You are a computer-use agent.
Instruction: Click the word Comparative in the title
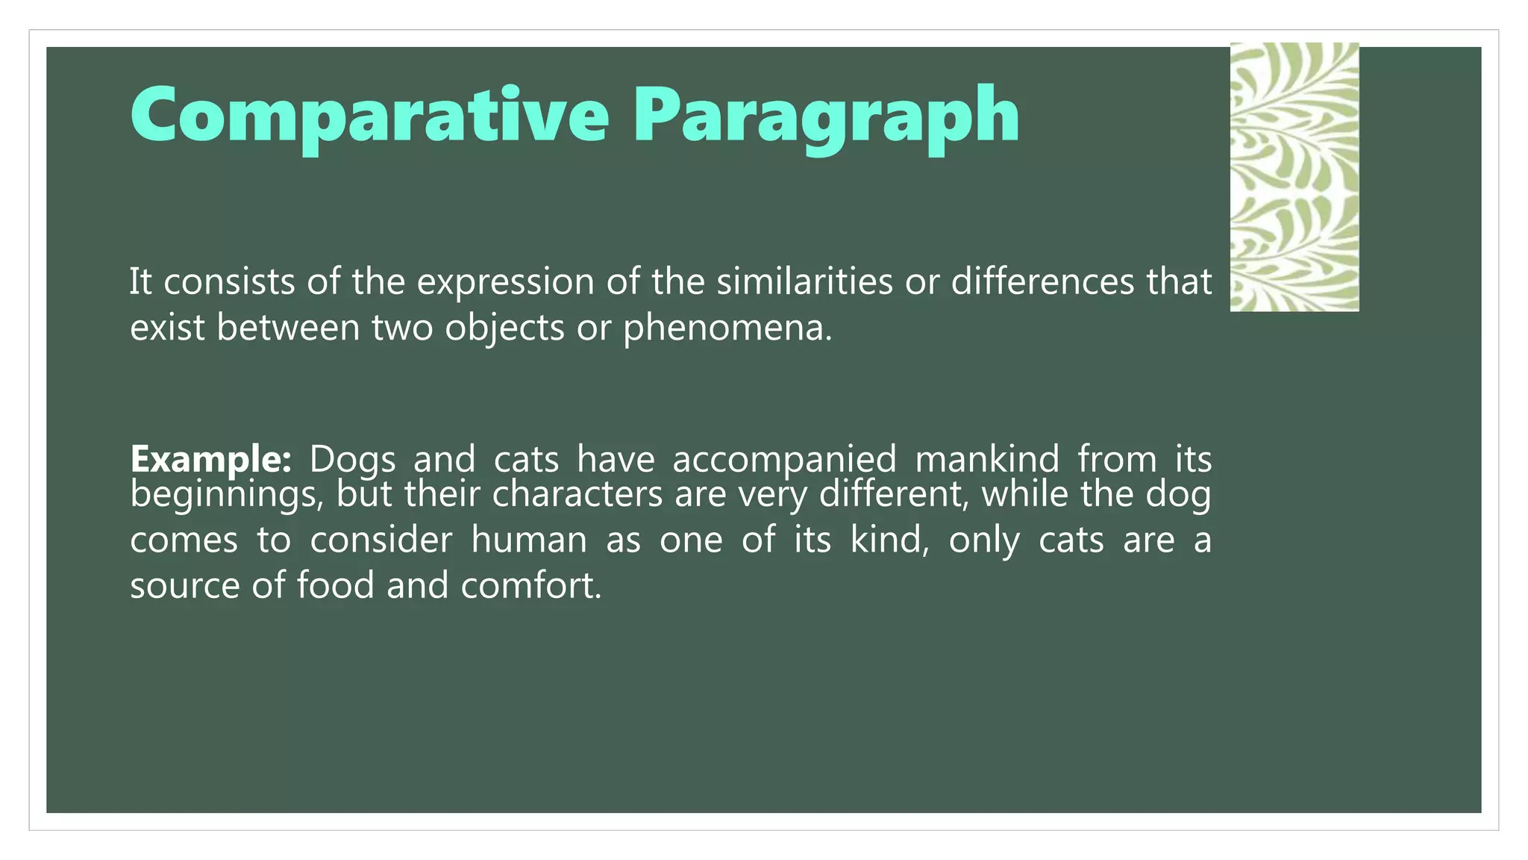pyautogui.click(x=369, y=116)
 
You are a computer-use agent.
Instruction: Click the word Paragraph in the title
pyautogui.click(x=826, y=116)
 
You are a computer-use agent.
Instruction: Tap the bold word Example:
pyautogui.click(x=210, y=458)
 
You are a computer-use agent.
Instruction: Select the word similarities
pyautogui.click(x=804, y=281)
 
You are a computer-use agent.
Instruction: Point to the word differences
pyautogui.click(x=1042, y=281)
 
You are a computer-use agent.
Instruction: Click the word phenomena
pyautogui.click(x=727, y=328)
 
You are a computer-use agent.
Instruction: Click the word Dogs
pyautogui.click(x=352, y=458)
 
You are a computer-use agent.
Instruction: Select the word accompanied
pyautogui.click(x=784, y=458)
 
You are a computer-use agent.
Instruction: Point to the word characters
pyautogui.click(x=577, y=494)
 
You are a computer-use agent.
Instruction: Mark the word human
pyautogui.click(x=529, y=540)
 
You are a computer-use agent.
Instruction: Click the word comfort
pyautogui.click(x=530, y=585)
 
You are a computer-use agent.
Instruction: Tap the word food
pyautogui.click(x=335, y=585)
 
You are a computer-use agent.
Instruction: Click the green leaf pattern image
pyautogui.click(x=1294, y=177)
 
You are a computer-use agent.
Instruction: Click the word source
pyautogui.click(x=184, y=585)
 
